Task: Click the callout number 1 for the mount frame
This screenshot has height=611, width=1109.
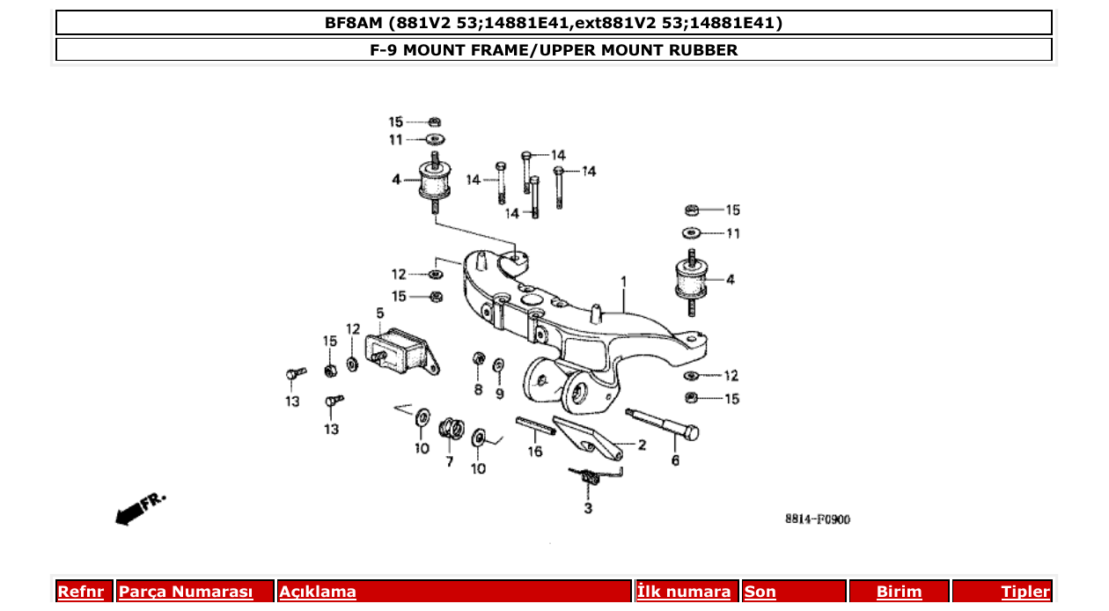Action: pyautogui.click(x=623, y=283)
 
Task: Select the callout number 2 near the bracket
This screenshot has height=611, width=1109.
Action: pyautogui.click(x=642, y=445)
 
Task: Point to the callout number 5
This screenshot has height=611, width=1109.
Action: pyautogui.click(x=380, y=313)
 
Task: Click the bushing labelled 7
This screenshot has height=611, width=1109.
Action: pyautogui.click(x=452, y=429)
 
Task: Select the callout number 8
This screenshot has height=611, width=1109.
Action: pyautogui.click(x=479, y=389)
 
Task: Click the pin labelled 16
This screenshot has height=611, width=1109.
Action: pyautogui.click(x=533, y=425)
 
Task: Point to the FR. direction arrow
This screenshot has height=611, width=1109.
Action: pyautogui.click(x=138, y=508)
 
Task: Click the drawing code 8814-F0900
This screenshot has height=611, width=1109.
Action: pyautogui.click(x=818, y=519)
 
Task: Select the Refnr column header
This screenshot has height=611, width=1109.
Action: pyautogui.click(x=81, y=593)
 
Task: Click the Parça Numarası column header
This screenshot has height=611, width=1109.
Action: pyautogui.click(x=186, y=593)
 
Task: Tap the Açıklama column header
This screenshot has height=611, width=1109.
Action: pyautogui.click(x=318, y=593)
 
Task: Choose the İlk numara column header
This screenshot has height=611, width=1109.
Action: pyautogui.click(x=684, y=593)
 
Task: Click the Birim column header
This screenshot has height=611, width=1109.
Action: pyautogui.click(x=899, y=593)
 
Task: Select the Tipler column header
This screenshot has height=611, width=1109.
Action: pyautogui.click(x=1025, y=593)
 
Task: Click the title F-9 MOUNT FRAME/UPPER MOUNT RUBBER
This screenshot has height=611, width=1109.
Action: pyautogui.click(x=554, y=50)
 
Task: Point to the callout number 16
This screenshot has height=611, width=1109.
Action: pyautogui.click(x=535, y=453)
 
